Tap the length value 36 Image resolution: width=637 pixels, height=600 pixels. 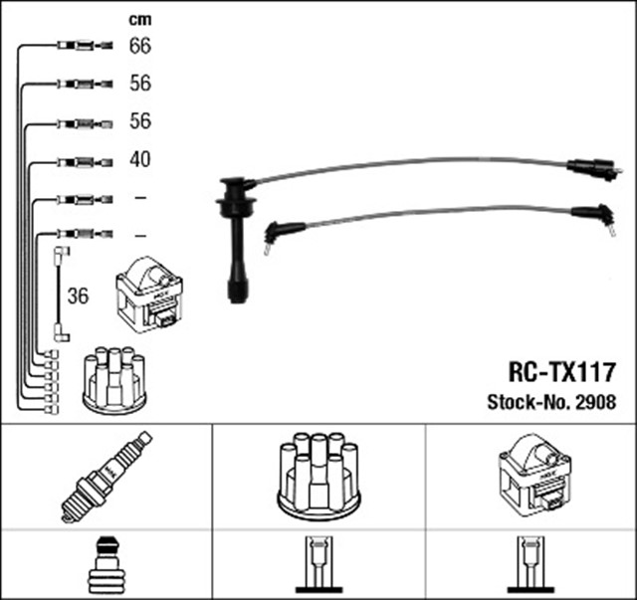pos(78,297)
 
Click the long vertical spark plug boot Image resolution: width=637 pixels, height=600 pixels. pos(237,239)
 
